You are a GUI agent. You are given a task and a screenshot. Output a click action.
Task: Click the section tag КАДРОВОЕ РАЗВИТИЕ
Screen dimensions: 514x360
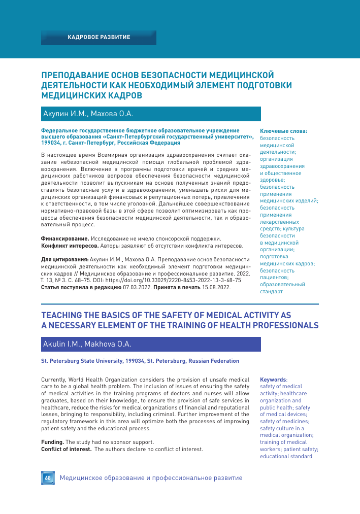click(99, 38)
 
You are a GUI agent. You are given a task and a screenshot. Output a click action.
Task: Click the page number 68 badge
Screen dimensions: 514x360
click(47, 478)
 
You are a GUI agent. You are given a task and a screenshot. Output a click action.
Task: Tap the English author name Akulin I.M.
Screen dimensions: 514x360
click(60, 345)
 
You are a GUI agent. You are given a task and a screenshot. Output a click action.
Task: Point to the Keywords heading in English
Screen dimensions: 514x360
click(273, 379)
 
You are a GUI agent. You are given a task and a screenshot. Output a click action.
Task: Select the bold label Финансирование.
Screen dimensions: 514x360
click(58, 238)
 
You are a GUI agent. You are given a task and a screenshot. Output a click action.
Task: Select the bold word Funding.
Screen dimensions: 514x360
click(52, 442)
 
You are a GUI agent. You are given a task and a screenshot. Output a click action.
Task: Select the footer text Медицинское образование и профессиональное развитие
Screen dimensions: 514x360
click(151, 478)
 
